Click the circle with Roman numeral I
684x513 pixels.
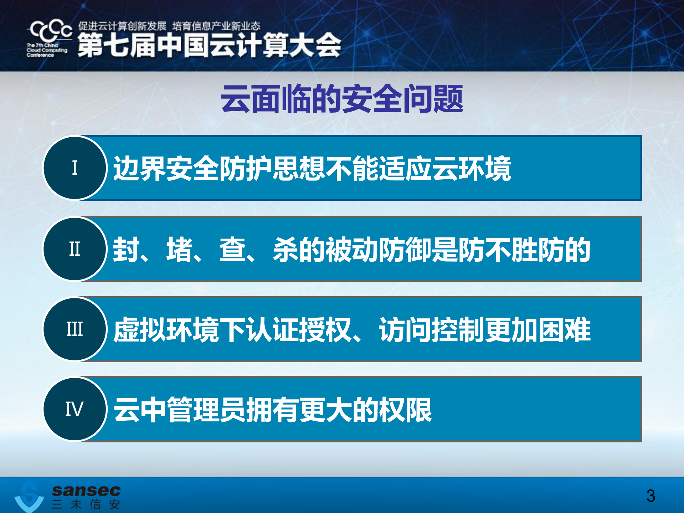coord(75,168)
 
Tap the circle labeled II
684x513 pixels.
coord(75,249)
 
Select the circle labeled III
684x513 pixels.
coord(75,329)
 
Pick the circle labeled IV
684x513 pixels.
coord(75,409)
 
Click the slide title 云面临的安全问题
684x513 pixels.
coord(341,99)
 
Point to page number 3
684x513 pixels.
coord(650,496)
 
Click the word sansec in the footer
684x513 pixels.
coord(86,491)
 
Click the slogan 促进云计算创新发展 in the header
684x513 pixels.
coord(122,26)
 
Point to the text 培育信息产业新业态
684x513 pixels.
coord(216,26)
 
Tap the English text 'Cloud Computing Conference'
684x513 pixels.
coord(47,50)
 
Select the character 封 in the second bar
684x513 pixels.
coord(126,250)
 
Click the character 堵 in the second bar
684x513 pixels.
coord(179,250)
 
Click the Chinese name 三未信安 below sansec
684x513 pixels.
coord(86,504)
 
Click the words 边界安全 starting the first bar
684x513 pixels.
coord(166,169)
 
